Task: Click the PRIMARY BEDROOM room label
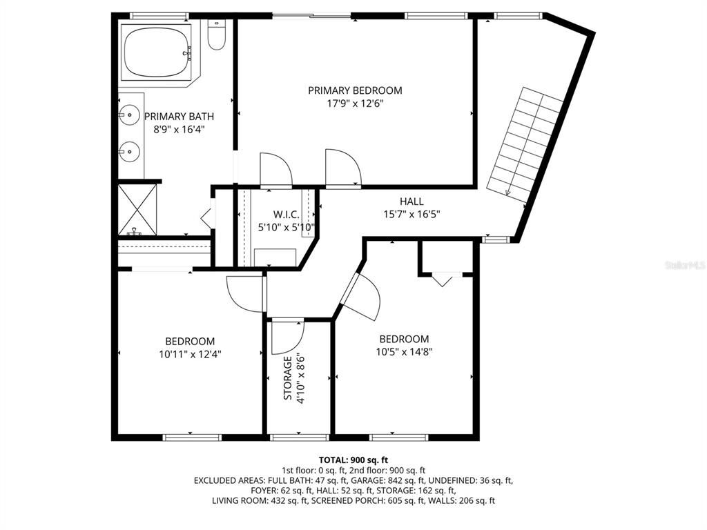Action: click(x=355, y=90)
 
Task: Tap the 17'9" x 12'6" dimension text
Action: click(x=355, y=104)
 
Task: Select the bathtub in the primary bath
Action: click(x=157, y=52)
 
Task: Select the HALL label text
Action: click(x=411, y=202)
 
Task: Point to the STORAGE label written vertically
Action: click(x=287, y=377)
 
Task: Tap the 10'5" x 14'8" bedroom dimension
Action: click(x=404, y=351)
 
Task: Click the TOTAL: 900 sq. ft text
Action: click(x=353, y=460)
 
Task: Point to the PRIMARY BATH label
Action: click(x=179, y=117)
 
